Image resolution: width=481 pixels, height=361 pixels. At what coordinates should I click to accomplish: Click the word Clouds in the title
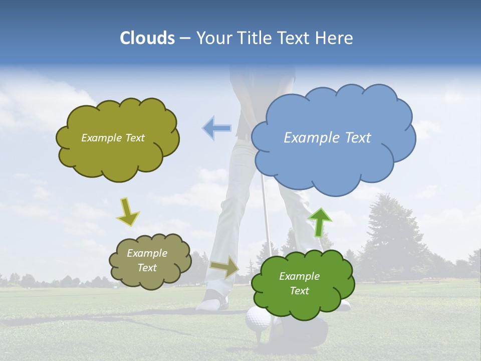(147, 38)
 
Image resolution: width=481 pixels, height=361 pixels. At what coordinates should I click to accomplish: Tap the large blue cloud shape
(331, 160)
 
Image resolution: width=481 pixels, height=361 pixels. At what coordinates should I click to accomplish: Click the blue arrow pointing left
(216, 128)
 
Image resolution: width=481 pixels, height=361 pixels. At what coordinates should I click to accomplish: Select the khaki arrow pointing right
(224, 267)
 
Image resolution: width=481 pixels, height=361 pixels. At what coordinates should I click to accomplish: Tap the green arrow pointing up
(320, 222)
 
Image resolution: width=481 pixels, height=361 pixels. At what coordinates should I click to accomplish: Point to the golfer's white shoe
(212, 302)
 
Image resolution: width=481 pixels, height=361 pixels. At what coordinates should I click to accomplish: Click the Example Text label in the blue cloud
(327, 137)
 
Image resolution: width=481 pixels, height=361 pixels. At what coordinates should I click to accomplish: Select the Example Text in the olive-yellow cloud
(113, 138)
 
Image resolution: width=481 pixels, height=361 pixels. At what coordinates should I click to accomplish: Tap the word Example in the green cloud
(299, 276)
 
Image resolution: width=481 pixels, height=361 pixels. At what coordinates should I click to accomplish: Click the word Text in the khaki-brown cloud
(147, 268)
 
